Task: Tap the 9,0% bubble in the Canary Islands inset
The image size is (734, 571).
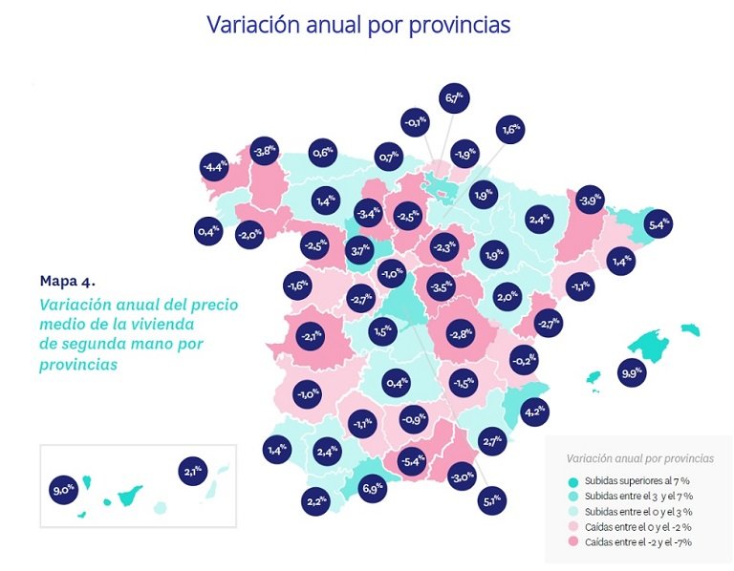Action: coord(64,491)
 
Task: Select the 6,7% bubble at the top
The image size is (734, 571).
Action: coord(453,97)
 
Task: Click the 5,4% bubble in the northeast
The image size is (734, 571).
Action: coord(658,225)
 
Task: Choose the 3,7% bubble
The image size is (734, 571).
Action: coord(359,251)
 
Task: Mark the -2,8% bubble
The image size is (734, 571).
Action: coord(460,333)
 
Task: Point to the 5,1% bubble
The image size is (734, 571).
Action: coord(492,498)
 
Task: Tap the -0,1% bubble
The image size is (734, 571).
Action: coord(415,122)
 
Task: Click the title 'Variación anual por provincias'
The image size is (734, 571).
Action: coord(358,25)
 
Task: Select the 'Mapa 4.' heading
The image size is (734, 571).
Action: coord(68,280)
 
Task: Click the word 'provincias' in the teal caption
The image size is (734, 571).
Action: coord(78,365)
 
